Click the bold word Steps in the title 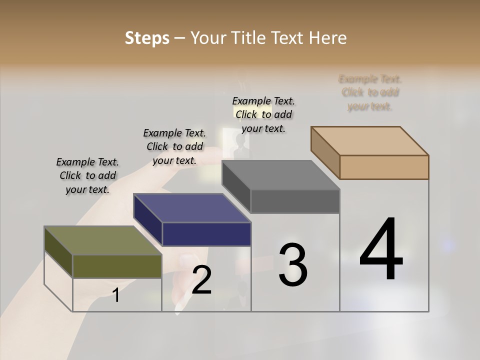click(x=147, y=38)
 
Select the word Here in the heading click(x=328, y=38)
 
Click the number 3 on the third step click(x=293, y=265)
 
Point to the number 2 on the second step click(x=201, y=280)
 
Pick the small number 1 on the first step click(x=116, y=295)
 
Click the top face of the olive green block click(x=102, y=241)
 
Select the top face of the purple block click(x=192, y=208)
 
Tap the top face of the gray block click(x=280, y=175)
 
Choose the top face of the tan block click(x=369, y=141)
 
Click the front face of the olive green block click(x=117, y=266)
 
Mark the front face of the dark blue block click(x=206, y=234)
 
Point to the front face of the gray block click(x=295, y=201)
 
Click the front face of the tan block click(x=384, y=167)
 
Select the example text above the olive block click(x=87, y=175)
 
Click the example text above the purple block click(x=174, y=146)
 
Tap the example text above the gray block click(x=263, y=114)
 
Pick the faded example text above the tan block click(x=370, y=92)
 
